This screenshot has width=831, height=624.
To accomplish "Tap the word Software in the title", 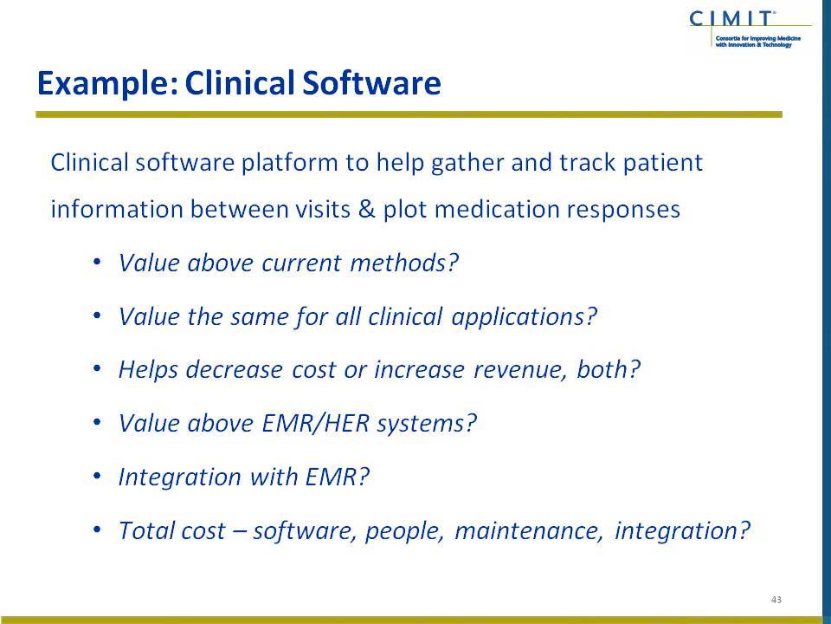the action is coord(371,83).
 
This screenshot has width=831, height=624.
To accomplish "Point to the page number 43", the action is coord(776,600).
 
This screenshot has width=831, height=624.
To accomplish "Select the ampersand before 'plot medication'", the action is coord(366,209).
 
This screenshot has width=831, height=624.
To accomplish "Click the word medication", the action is coord(497,209).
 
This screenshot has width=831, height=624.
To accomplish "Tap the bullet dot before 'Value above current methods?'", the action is coord(96,262).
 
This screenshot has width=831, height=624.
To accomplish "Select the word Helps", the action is coord(148,370).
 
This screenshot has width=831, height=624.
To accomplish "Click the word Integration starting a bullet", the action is coord(179,477).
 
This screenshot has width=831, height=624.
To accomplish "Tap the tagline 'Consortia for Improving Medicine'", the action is coord(758,39).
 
